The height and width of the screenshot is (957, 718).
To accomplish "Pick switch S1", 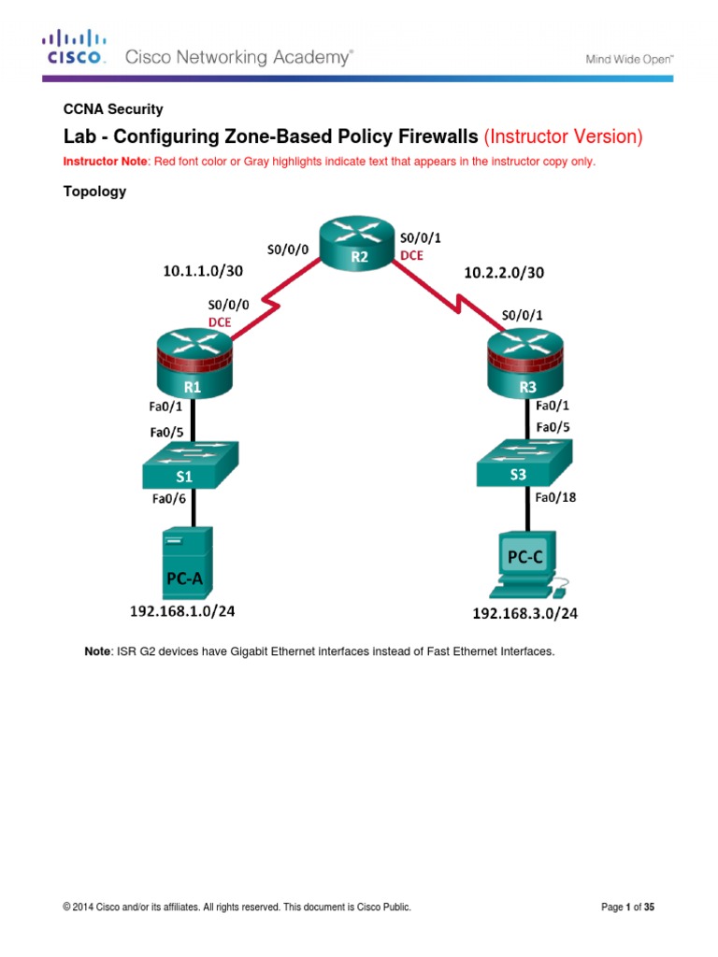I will point(190,464).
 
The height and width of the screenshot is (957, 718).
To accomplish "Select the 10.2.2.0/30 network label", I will point(504,273).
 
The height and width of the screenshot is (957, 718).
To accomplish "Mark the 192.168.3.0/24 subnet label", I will point(525,614).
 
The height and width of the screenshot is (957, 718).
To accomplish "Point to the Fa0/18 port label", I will point(555,497).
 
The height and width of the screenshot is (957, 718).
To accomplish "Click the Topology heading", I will point(94,192).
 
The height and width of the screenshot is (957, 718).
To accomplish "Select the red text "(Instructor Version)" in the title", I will point(563,137).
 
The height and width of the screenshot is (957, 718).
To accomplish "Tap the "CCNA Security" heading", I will point(113,109).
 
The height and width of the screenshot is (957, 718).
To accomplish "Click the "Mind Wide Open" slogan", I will point(629,58).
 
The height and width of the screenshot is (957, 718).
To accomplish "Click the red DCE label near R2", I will point(411,255).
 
